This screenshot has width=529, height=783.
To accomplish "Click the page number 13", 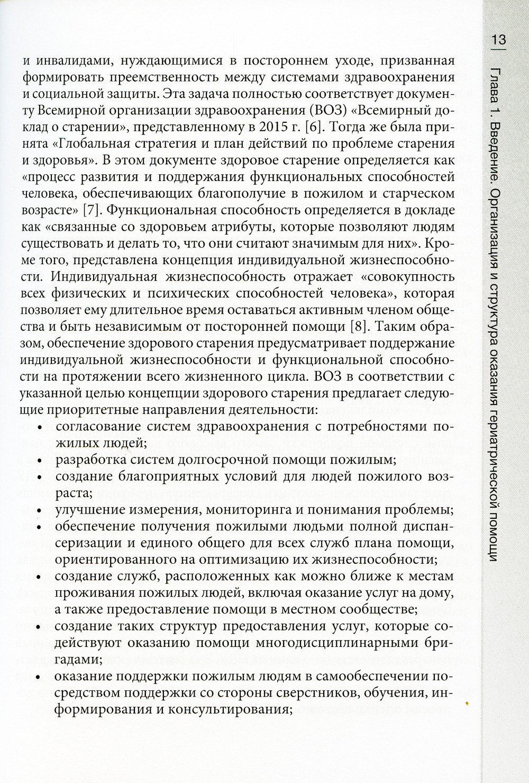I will pyautogui.click(x=498, y=40).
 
